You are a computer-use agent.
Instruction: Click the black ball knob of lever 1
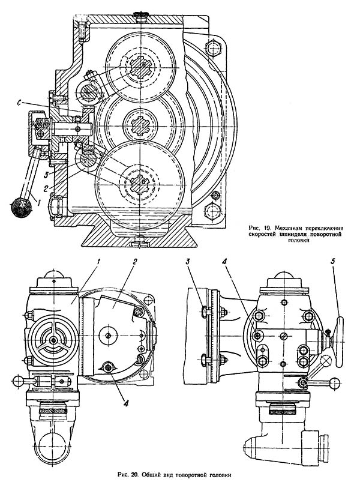20,207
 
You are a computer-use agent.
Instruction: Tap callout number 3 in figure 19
46,175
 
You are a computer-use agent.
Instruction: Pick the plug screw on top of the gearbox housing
140,16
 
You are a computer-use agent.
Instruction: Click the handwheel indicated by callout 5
340,342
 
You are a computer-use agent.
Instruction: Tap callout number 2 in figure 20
134,262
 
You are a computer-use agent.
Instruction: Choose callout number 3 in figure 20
188,262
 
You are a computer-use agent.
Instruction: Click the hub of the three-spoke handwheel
55,340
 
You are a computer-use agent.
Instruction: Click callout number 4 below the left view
127,403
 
